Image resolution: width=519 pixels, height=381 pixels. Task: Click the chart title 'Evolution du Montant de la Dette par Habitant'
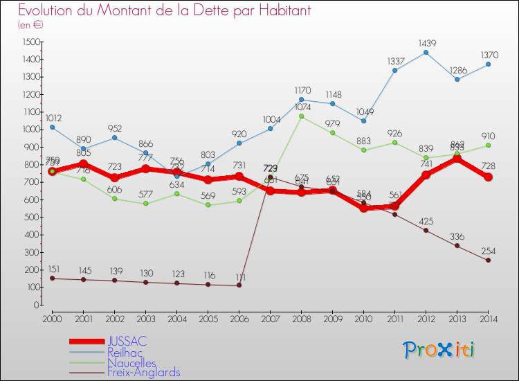[164, 11]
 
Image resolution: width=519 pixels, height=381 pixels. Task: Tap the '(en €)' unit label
[30, 25]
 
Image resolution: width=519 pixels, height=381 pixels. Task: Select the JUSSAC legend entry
[127, 342]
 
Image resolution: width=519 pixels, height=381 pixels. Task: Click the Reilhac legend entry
[125, 353]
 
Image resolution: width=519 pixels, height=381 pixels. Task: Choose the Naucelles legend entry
[131, 363]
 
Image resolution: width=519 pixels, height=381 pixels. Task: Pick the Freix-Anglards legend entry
[143, 373]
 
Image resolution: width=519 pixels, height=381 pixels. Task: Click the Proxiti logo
[439, 350]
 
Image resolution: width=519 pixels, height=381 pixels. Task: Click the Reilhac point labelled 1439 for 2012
[426, 52]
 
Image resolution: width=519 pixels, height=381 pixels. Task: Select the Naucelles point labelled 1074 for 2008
[301, 116]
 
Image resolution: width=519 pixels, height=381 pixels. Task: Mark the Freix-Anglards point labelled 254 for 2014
[488, 260]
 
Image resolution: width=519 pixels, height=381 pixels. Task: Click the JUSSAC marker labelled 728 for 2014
[488, 177]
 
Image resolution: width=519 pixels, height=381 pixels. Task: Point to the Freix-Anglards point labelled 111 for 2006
[239, 285]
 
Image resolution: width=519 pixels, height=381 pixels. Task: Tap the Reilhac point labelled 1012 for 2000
[52, 127]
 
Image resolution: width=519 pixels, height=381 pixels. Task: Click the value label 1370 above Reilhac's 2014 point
[488, 53]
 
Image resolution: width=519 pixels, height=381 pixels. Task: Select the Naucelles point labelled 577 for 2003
[145, 203]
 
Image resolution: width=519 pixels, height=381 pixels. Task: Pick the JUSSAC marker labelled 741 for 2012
[426, 175]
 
